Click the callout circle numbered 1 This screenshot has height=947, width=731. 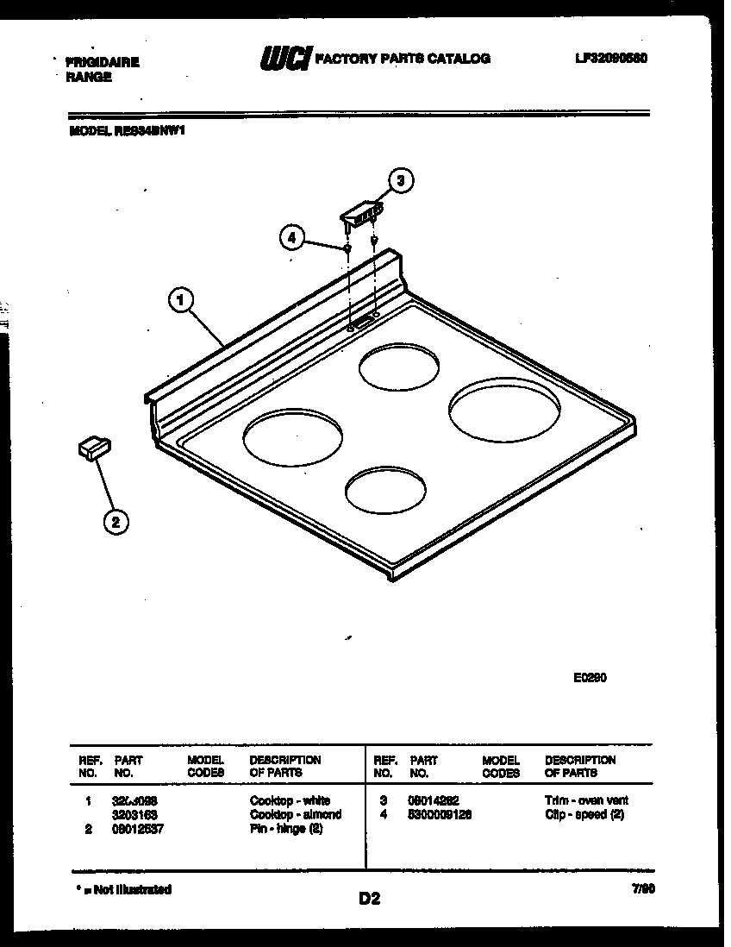pos(179,301)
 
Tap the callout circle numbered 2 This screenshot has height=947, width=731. pos(116,520)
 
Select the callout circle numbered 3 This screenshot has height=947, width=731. pos(399,180)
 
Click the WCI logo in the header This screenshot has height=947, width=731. pos(284,60)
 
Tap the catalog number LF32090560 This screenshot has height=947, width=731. pos(610,59)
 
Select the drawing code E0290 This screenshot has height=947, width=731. pos(590,677)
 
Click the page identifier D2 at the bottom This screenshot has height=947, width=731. pos(369,899)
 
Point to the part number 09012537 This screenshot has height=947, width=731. pos(137,829)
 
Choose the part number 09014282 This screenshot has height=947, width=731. pos(434,800)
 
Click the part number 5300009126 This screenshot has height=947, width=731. pos(440,814)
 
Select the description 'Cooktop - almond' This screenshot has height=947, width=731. pos(295,814)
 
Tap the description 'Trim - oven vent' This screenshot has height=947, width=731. pos(586,800)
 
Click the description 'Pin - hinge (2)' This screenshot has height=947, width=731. pos(286,829)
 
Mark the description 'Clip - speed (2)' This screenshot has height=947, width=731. pos(584,814)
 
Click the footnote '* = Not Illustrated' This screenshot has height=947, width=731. pos(121,889)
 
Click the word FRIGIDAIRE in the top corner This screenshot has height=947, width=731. pos(103,62)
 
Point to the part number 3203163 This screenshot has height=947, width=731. pos(134,814)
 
